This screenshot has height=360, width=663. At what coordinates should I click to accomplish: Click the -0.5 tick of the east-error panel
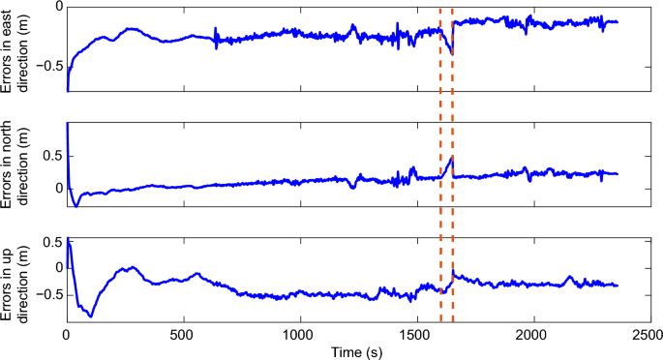pos(47,66)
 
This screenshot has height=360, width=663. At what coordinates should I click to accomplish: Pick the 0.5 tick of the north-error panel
pos(52,156)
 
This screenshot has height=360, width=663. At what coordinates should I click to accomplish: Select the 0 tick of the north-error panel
pos(56,188)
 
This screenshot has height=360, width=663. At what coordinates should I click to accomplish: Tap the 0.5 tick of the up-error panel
pos(52,242)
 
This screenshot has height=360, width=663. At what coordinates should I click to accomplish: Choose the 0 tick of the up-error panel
pos(56,267)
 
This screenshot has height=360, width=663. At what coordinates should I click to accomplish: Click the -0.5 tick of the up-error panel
pos(47,293)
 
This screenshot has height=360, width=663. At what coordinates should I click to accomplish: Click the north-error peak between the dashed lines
pos(452,157)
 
